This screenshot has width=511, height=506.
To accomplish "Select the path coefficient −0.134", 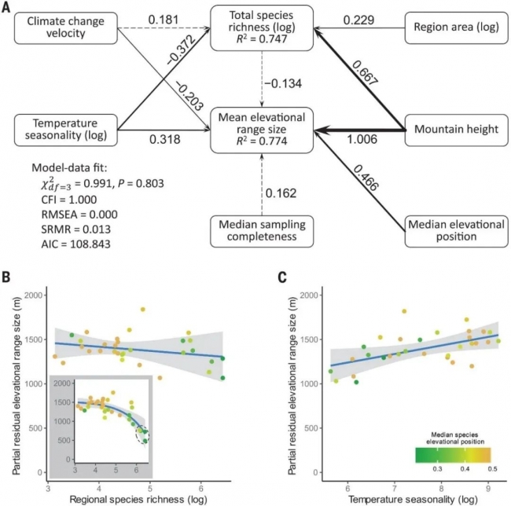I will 287,84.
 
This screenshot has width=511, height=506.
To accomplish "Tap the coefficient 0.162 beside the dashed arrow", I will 285,191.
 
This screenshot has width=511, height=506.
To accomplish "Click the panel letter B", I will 7,278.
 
